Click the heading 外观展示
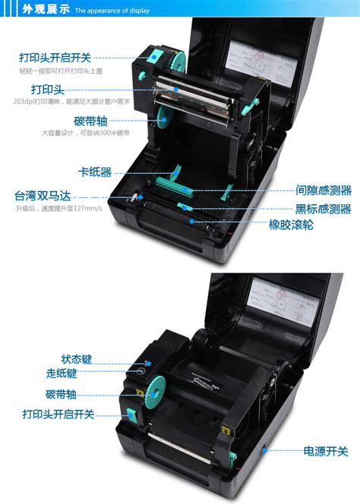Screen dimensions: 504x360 [46, 10]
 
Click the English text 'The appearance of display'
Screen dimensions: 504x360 [112, 11]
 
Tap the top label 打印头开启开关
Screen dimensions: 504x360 [56, 57]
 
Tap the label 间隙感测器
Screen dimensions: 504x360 [324, 191]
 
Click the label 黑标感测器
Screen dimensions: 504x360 [324, 208]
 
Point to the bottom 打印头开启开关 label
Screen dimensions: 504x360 [58, 414]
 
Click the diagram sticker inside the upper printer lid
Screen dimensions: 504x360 [256, 66]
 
